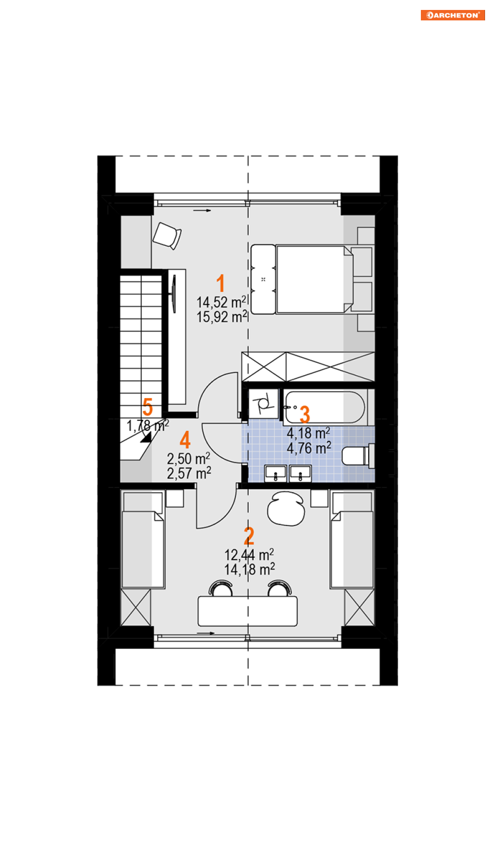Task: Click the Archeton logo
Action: pos(453,15)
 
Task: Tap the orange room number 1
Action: pos(220,283)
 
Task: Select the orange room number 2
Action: pos(249,536)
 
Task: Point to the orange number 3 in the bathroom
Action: pos(305,414)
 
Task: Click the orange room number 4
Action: pos(185,440)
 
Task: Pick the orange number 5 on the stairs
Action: pos(148,407)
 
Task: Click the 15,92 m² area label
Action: pos(222,316)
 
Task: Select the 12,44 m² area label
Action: pos(249,554)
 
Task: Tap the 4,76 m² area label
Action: pos(309,448)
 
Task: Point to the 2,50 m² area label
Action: pos(189,458)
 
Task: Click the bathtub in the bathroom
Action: pos(324,407)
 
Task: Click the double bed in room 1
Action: pos(311,279)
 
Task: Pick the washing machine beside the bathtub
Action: pos(263,403)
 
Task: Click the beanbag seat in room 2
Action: pos(286,508)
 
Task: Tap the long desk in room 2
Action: pos(248,611)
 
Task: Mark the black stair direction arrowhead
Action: pos(146,437)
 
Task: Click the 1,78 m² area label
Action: pos(148,425)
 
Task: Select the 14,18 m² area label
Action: pos(250,569)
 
